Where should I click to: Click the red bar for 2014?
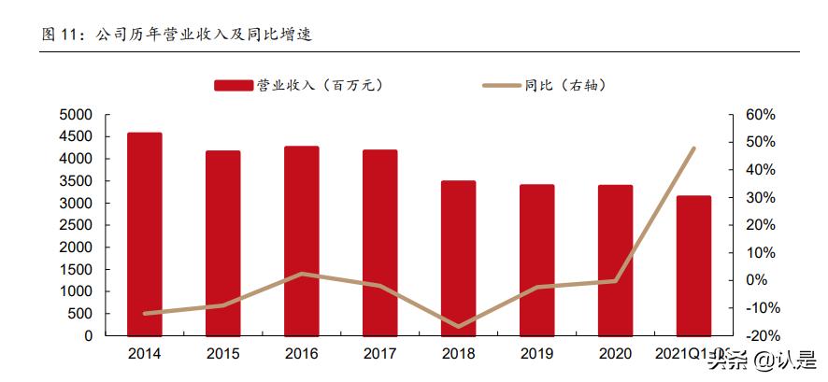[x=145, y=233]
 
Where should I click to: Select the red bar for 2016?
[x=302, y=240]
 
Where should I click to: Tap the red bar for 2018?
[x=458, y=258]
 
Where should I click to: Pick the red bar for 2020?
[x=615, y=260]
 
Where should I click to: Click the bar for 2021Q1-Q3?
[x=693, y=265]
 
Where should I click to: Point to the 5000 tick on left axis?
[x=76, y=115]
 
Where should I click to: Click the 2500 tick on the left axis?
[x=76, y=225]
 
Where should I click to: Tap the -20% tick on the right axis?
[x=760, y=336]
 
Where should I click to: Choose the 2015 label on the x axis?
[x=223, y=354]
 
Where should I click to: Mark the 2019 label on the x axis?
[x=536, y=354]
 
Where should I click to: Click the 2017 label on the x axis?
[x=379, y=354]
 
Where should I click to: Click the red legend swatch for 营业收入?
[x=234, y=85]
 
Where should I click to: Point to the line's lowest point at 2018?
[x=458, y=327]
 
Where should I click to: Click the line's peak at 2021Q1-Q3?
[x=693, y=148]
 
